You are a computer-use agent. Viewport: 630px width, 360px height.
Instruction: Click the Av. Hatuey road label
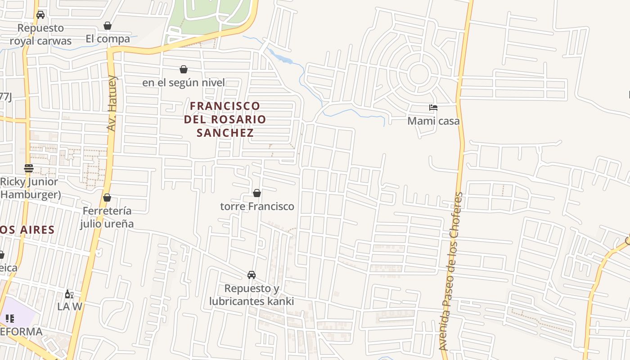point(112,103)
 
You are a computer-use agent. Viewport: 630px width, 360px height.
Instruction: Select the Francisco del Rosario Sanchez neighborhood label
point(225,119)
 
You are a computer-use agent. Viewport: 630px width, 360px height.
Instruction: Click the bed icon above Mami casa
point(433,108)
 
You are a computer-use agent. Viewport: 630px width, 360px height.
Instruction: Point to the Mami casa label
point(433,121)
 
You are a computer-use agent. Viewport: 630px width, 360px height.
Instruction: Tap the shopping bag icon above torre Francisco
point(257,193)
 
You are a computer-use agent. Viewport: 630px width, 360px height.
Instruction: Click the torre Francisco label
point(257,206)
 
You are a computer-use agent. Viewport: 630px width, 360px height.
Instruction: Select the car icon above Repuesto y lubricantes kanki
point(252,275)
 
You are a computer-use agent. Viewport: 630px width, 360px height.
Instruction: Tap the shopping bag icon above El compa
point(108,26)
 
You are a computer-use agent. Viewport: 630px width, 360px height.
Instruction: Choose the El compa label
point(108,39)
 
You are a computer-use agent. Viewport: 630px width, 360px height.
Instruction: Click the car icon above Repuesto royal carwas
point(40,15)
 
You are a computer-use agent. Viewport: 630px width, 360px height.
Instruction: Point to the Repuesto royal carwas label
point(40,34)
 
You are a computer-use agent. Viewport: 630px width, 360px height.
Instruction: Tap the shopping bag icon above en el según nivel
point(184,69)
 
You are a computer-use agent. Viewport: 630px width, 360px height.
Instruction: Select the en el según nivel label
point(184,83)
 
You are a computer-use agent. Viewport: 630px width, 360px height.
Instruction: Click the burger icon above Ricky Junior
point(29,168)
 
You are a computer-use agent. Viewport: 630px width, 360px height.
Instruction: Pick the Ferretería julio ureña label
point(107,217)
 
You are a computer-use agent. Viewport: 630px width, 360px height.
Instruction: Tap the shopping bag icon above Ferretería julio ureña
point(107,198)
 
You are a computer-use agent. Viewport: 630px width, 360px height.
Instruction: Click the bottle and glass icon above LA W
point(69,294)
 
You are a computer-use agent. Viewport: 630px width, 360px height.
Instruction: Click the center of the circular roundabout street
point(418,73)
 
